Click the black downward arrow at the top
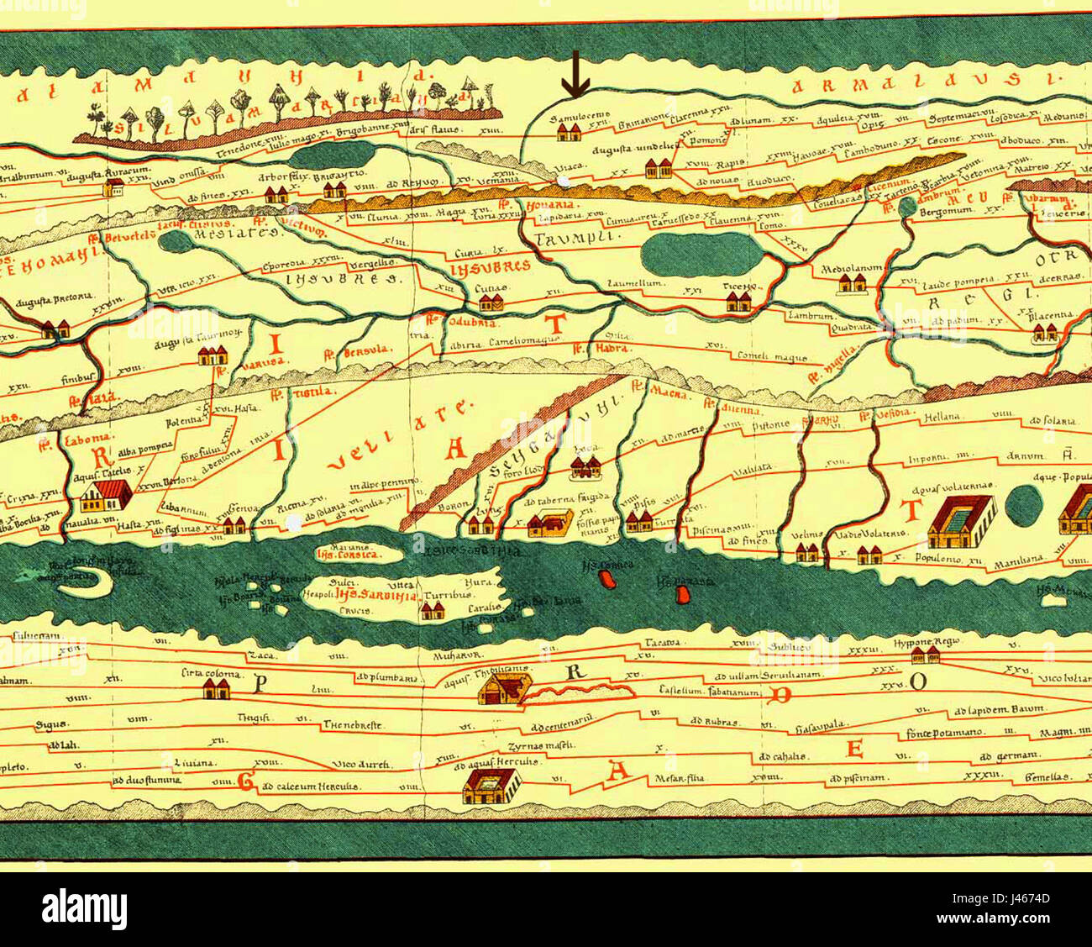(575, 74)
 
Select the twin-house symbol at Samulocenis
(570, 132)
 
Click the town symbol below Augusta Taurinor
(213, 356)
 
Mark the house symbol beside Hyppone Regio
(926, 655)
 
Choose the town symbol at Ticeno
(739, 302)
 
